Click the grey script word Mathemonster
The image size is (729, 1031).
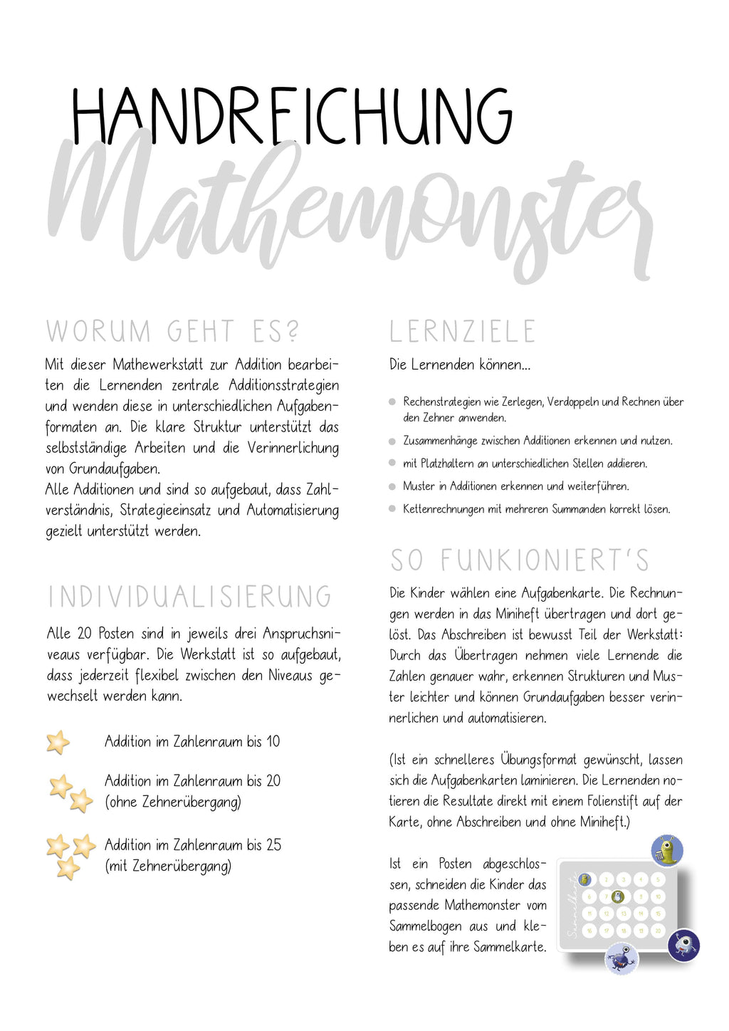(x=349, y=206)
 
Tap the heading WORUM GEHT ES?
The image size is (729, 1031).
(x=173, y=332)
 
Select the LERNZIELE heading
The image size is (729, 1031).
(x=462, y=332)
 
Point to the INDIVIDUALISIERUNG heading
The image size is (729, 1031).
(x=190, y=597)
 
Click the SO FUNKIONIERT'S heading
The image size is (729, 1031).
(x=520, y=560)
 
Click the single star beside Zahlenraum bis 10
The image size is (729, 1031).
(x=58, y=742)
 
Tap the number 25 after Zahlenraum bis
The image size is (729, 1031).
(x=274, y=845)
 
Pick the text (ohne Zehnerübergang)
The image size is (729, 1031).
(x=173, y=802)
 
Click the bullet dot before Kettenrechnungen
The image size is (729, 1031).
(x=392, y=509)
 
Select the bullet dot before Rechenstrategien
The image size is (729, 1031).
(x=392, y=402)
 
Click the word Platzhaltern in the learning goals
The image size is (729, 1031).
(x=447, y=464)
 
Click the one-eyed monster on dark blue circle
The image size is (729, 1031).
(x=683, y=946)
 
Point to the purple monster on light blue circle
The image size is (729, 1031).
(x=622, y=958)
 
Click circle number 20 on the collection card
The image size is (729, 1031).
(x=658, y=931)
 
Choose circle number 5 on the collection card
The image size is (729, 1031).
(x=658, y=880)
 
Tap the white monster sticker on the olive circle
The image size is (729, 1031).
(x=618, y=897)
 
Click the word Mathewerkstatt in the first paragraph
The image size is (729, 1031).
(x=159, y=365)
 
